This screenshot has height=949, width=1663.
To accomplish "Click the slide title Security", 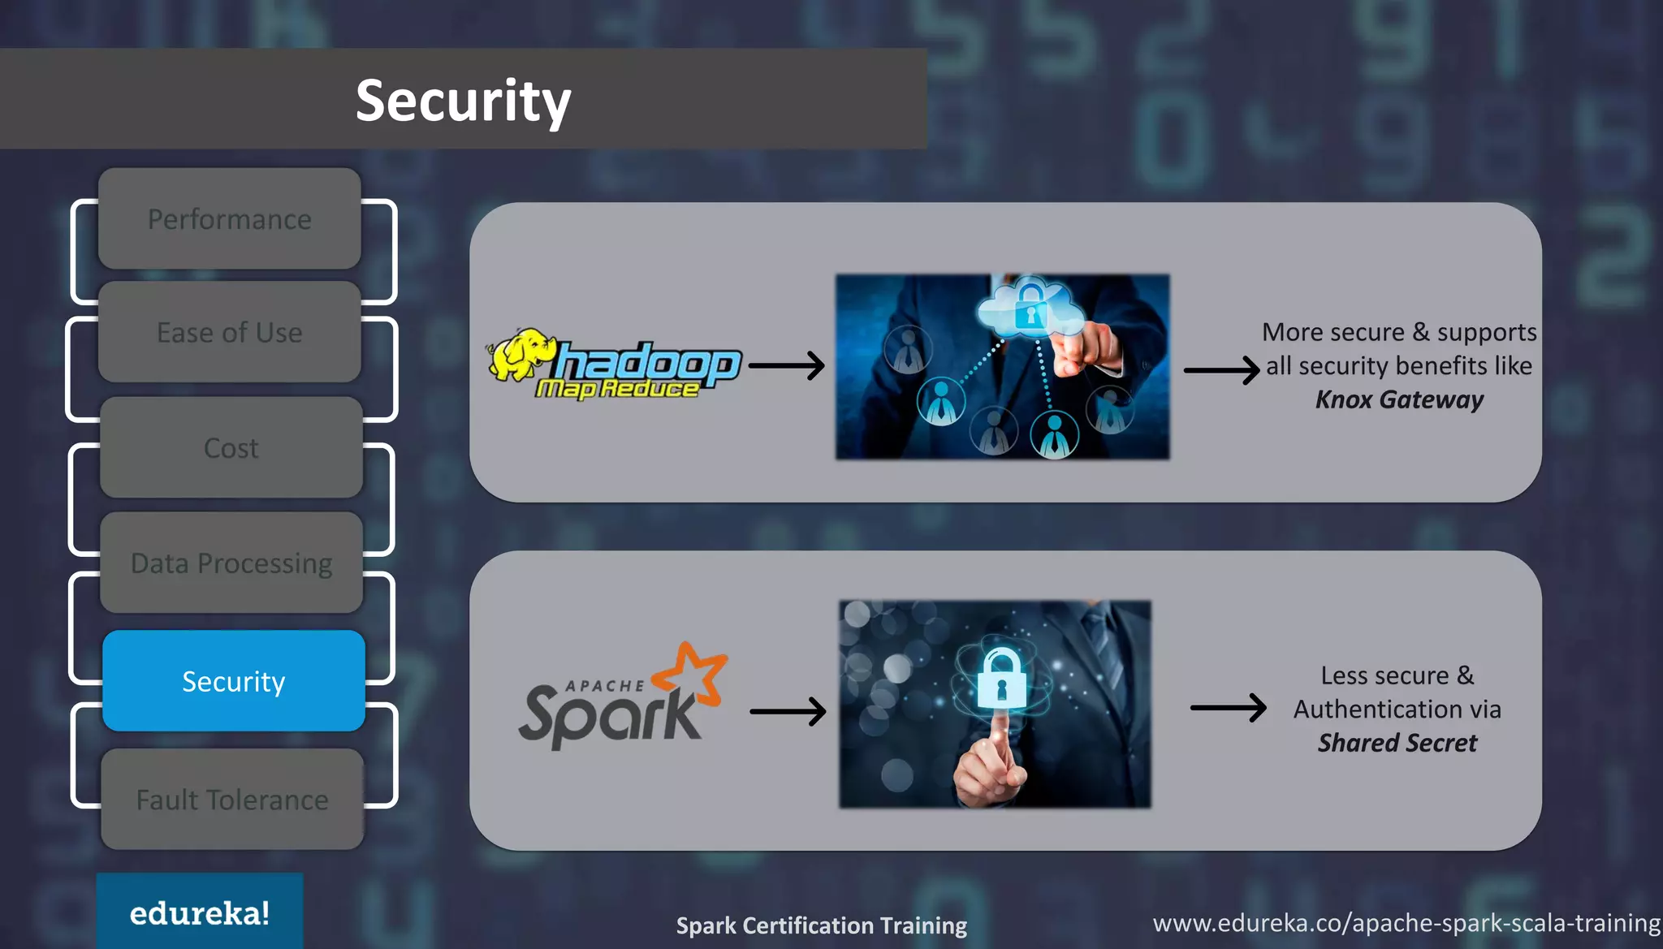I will coord(463,101).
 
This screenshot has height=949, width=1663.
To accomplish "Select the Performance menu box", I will coord(230,219).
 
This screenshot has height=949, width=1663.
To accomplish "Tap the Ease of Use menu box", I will coord(230,333).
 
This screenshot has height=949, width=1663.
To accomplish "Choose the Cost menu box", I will coord(231,448).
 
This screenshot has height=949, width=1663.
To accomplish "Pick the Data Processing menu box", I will coord(231,563).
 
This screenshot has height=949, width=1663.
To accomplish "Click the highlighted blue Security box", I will coord(234,681).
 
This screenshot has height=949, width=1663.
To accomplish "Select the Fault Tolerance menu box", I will coord(232,800).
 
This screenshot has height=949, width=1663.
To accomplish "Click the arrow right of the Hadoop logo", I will coord(786,365).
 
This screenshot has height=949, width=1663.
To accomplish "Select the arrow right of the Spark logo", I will coord(788,712).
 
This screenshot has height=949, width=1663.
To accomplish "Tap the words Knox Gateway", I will coord(1399,399).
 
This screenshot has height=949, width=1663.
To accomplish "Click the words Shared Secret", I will coord(1397,743).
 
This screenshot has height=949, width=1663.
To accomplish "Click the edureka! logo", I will coord(200,913).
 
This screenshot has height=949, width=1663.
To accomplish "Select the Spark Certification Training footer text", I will coord(822,925).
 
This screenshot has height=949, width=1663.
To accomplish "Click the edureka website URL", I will coord(1406,923).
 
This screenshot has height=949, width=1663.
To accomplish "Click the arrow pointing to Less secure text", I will coord(1228,708).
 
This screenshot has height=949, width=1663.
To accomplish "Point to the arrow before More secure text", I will coord(1221,370).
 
